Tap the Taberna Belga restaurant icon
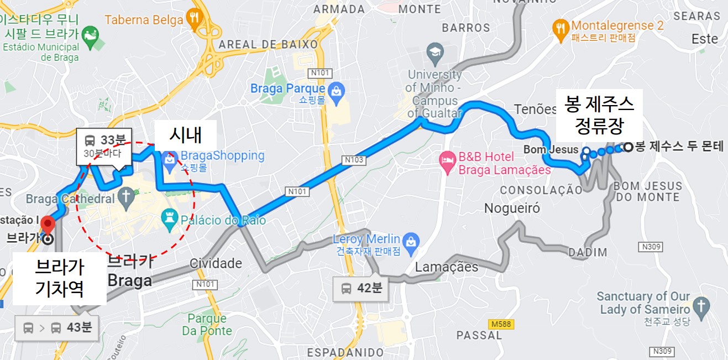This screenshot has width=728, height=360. pyautogui.click(x=193, y=18)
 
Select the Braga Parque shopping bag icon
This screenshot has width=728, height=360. pyautogui.click(x=336, y=89)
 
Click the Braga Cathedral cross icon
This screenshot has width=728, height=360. pyautogui.click(x=126, y=196)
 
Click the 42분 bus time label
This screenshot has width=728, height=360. pyautogui.click(x=362, y=288)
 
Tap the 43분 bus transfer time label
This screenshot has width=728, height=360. pyautogui.click(x=56, y=327)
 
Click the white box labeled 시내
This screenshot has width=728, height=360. pyautogui.click(x=185, y=134)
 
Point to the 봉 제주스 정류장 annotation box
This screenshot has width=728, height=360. pyautogui.click(x=599, y=114)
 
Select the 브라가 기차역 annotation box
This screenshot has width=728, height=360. pyautogui.click(x=60, y=278)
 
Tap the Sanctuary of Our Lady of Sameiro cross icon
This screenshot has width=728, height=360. pyautogui.click(x=701, y=305)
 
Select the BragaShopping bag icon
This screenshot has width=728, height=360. pyautogui.click(x=169, y=158)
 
